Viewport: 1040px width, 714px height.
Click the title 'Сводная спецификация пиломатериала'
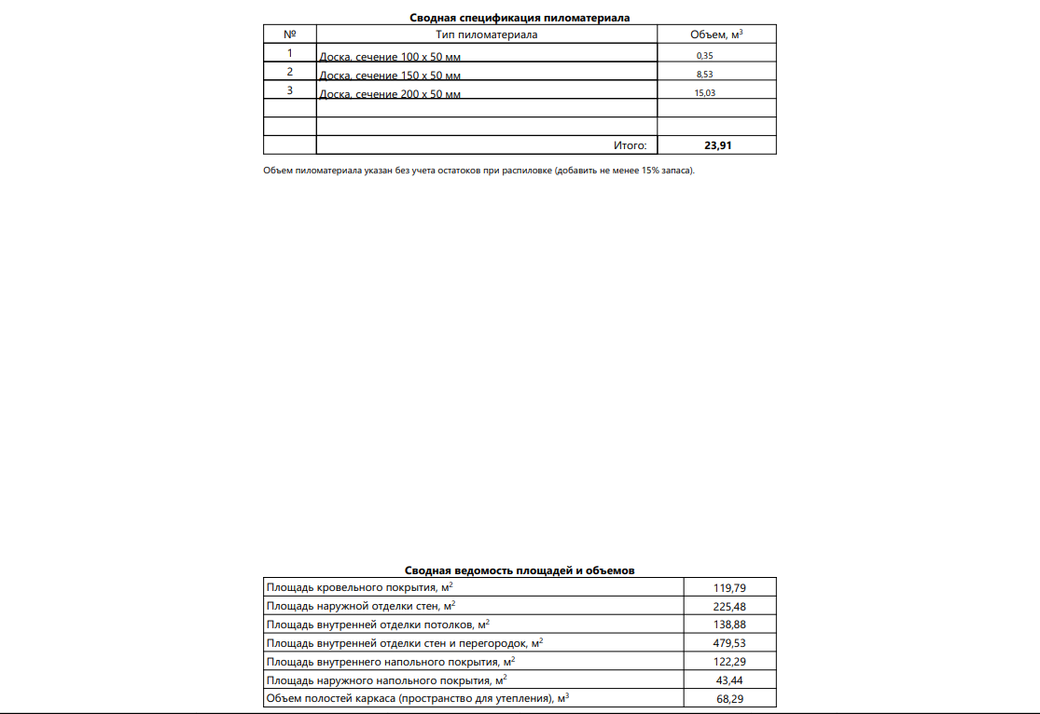click(520, 18)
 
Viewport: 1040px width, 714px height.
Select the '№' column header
click(289, 34)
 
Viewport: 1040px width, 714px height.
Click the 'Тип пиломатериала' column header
click(487, 34)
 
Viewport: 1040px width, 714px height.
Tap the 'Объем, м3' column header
click(715, 34)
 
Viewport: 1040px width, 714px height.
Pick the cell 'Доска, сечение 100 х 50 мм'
click(390, 57)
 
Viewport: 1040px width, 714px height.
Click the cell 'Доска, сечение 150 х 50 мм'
click(390, 76)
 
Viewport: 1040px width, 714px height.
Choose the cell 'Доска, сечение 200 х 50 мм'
click(390, 94)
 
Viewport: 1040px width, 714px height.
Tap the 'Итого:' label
click(630, 145)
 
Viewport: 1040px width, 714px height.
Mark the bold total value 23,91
click(716, 145)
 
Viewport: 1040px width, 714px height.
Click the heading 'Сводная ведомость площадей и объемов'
click(520, 570)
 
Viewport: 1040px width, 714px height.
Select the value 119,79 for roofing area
click(728, 588)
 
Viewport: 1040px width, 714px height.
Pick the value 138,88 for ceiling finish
click(728, 625)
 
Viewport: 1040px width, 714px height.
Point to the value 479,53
click(728, 643)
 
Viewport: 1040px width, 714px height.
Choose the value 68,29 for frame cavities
click(728, 699)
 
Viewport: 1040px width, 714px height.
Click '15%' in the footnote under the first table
click(651, 171)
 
